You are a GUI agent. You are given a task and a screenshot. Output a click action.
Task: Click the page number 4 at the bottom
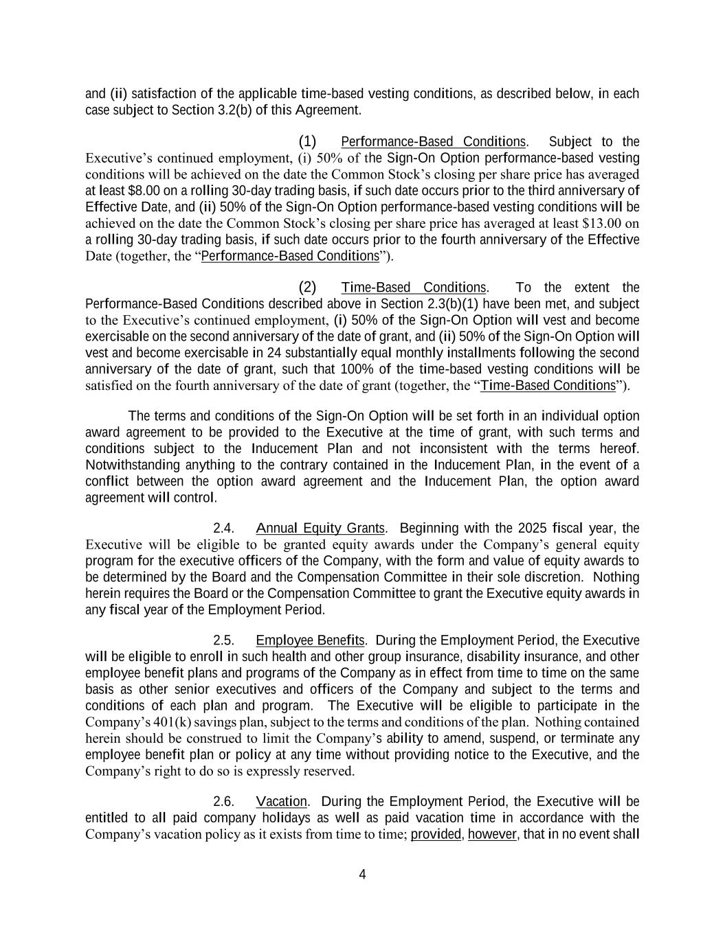[362, 875]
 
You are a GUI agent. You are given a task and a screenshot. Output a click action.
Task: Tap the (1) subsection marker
[307, 141]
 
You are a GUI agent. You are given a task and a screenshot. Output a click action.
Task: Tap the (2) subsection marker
[307, 287]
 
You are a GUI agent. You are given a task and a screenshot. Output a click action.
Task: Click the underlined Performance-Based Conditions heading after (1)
[433, 142]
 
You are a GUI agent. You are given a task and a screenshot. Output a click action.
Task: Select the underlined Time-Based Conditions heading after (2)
[414, 288]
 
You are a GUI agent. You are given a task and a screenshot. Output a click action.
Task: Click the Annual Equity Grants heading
[320, 529]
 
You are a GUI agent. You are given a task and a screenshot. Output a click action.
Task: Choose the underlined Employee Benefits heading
[310, 641]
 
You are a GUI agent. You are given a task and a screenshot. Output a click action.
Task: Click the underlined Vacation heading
[282, 802]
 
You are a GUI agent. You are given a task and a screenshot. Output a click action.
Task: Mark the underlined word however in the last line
[491, 835]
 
